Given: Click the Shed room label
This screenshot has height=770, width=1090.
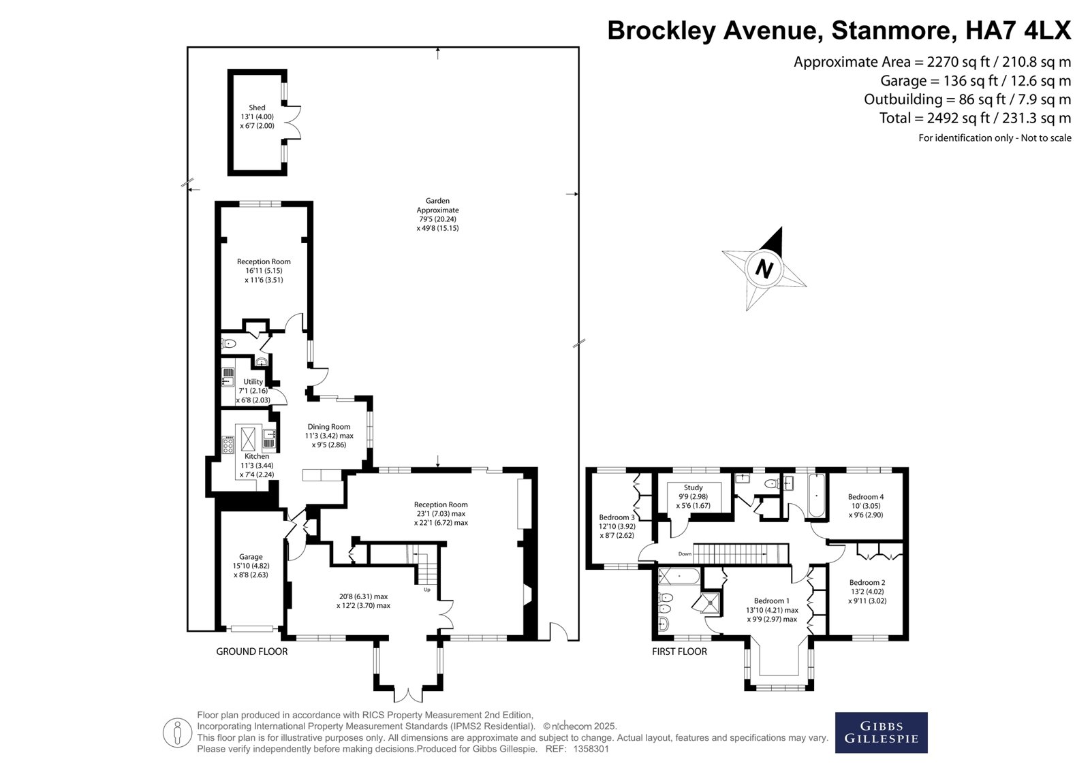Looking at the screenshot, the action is click(257, 108).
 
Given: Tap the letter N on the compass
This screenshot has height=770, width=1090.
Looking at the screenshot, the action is click(764, 268).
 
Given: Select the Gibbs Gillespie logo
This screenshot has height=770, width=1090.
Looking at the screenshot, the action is click(882, 733).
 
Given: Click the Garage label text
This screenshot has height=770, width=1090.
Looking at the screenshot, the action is click(251, 556).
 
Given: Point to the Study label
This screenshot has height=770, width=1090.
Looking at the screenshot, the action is click(693, 487).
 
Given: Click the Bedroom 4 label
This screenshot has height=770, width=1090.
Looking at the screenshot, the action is click(866, 496).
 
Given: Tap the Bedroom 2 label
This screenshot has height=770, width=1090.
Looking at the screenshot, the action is click(867, 582).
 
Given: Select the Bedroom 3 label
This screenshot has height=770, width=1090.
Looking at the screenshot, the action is click(617, 517).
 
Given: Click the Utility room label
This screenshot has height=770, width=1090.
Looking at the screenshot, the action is click(253, 382).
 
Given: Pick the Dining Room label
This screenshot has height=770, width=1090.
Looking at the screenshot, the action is click(328, 427).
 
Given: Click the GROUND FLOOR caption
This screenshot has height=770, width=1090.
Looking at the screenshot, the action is click(251, 652).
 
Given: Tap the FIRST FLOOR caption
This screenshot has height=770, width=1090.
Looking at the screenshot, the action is click(679, 652).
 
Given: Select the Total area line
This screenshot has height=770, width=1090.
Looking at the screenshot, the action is click(975, 118).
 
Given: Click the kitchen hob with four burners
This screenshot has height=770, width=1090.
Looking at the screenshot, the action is click(228, 445).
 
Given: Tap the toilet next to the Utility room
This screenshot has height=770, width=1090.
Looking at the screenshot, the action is click(229, 344).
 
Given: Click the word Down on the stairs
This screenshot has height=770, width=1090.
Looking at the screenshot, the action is click(685, 554).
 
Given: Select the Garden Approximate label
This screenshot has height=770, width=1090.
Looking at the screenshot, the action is click(437, 206).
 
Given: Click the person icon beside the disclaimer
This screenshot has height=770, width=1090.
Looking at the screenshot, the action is click(177, 733).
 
